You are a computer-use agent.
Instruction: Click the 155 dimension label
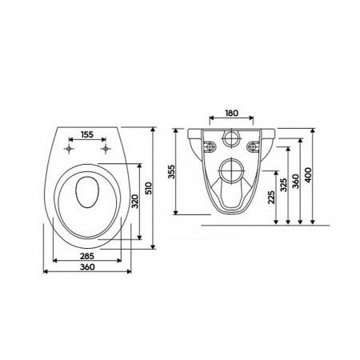[87, 134]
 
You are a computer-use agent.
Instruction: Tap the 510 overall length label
[149, 188]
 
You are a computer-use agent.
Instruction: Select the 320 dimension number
[135, 202]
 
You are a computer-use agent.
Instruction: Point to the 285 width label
[87, 256]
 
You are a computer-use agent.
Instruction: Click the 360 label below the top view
[87, 266]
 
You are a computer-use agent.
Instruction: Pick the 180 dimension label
[231, 113]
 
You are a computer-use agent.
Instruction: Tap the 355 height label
[172, 172]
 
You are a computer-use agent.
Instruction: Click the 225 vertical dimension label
[271, 197]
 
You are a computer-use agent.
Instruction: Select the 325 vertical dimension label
[283, 185]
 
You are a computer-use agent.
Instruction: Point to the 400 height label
[308, 175]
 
